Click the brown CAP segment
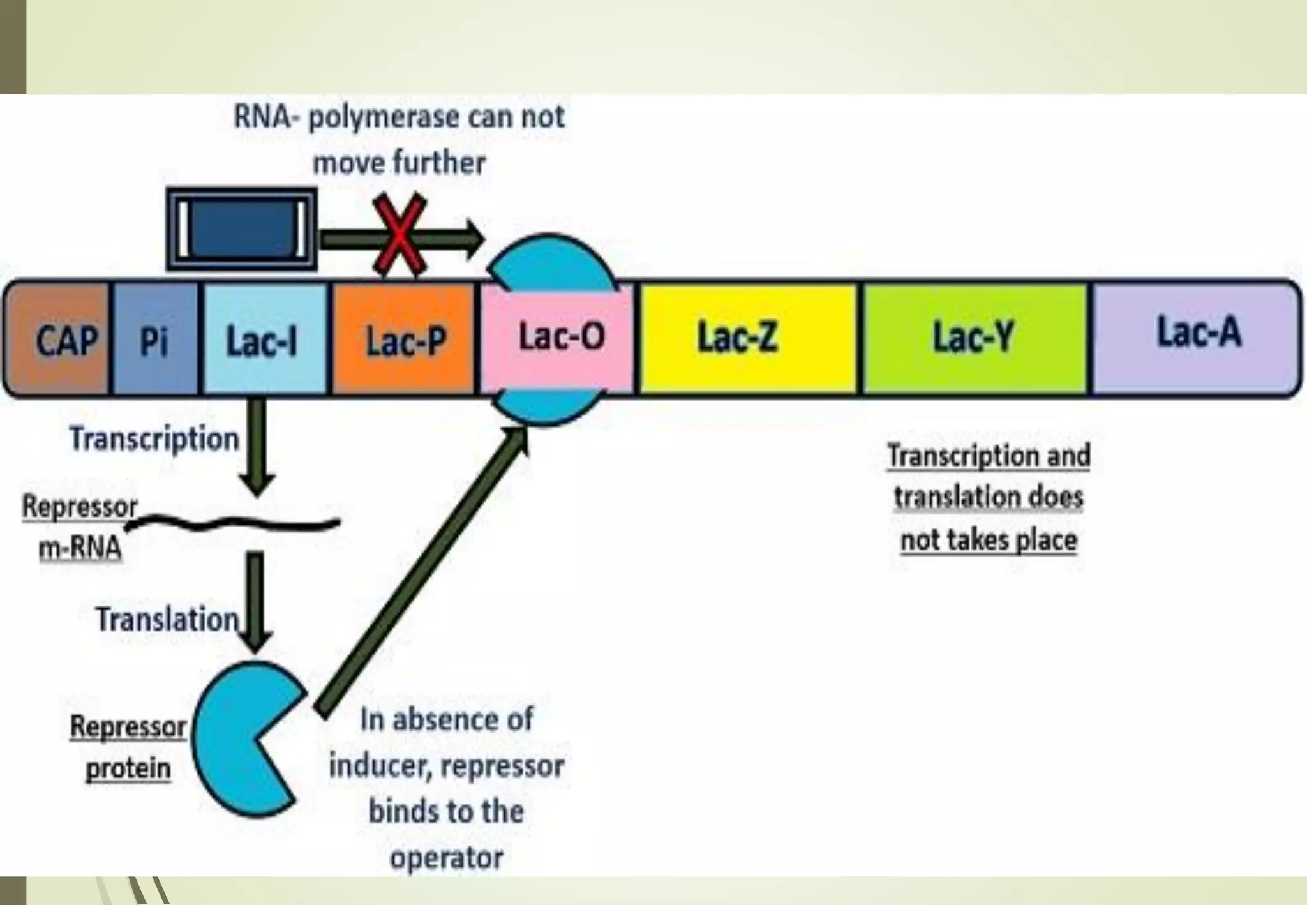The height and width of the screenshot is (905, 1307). click(x=59, y=339)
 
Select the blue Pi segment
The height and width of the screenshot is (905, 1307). click(x=155, y=339)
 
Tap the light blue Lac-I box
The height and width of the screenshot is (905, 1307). click(x=264, y=339)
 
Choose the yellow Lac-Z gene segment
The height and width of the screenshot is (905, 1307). click(x=748, y=339)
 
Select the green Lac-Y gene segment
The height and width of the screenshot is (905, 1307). click(x=974, y=339)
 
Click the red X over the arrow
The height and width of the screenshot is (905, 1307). click(x=400, y=236)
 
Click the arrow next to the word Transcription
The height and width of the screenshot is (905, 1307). click(x=257, y=447)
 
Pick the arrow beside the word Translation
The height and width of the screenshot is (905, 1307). click(x=256, y=600)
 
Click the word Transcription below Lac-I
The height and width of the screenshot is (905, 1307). click(x=154, y=439)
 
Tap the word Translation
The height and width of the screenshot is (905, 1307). click(x=167, y=620)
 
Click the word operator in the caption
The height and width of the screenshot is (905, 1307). click(x=446, y=858)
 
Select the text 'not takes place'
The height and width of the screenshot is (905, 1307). click(x=989, y=540)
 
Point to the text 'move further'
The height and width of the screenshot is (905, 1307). click(x=399, y=163)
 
